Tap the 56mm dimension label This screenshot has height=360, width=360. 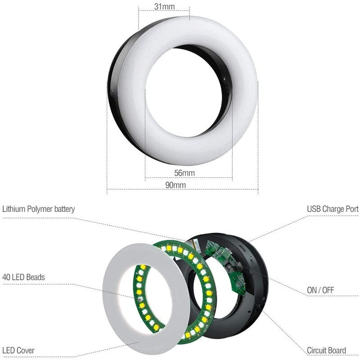point(184,173)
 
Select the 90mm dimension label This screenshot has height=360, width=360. point(175,185)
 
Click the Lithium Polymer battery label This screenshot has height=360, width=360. point(39,209)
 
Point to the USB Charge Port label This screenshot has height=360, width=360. point(333,209)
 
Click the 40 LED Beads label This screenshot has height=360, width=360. point(24,277)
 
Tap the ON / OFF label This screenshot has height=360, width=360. point(320,290)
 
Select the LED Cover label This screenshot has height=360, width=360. point(18,350)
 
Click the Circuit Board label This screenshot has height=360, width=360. point(326,350)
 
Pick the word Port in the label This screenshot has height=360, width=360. point(351,209)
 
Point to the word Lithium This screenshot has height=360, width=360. point(14,209)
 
